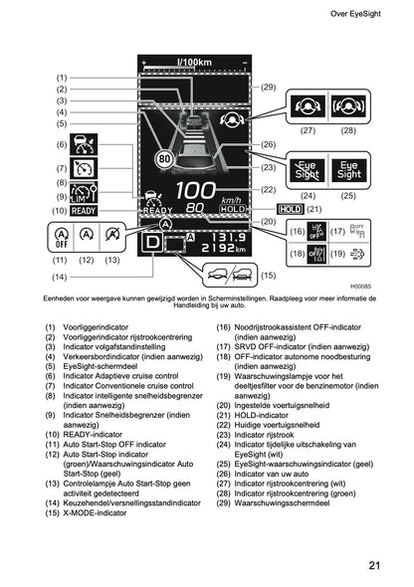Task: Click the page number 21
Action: pyautogui.click(x=374, y=566)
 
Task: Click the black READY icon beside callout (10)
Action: pyautogui.click(x=84, y=210)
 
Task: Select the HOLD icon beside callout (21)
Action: pyautogui.click(x=291, y=209)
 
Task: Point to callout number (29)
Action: pyautogui.click(x=268, y=88)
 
